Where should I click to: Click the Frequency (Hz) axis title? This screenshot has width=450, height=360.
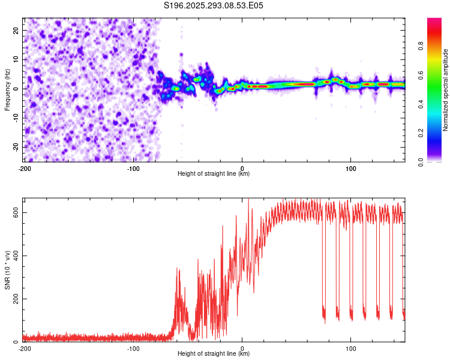7,89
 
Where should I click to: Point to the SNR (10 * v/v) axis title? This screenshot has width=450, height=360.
7,269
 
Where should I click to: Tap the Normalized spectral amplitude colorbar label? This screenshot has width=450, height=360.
446,90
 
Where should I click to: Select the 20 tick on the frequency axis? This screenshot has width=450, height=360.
17,30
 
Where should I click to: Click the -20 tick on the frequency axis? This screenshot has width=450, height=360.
16,147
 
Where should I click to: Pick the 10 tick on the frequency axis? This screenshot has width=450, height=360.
17,59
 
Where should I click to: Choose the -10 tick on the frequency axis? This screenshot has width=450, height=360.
16,118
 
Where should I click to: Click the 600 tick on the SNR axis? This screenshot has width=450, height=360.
14,212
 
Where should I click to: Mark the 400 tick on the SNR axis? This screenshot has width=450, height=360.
14,256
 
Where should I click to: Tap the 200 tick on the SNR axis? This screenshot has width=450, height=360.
14,299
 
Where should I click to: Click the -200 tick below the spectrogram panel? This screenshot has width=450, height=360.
25,167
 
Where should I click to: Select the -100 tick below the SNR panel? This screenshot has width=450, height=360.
133,347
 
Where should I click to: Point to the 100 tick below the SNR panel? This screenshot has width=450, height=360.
351,347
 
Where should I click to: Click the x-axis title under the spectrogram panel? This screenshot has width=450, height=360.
214,174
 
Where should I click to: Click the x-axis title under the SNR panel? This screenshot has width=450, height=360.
214,354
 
